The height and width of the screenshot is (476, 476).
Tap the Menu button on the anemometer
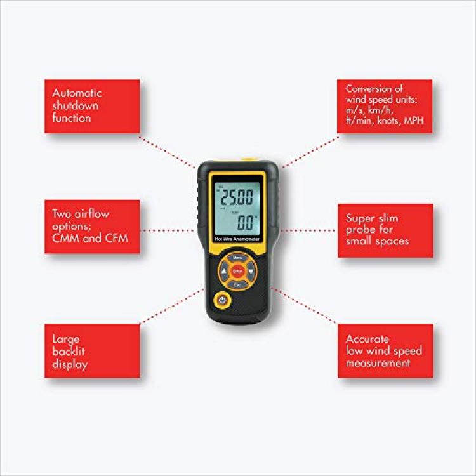coord(238,258)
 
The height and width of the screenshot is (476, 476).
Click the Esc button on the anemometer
coord(238,286)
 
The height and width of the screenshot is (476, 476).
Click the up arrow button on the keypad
coord(223,272)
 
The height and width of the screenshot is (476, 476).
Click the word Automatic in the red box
coord(77,93)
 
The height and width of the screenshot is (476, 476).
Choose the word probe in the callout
coord(362,230)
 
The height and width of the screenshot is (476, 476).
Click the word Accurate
coord(368,339)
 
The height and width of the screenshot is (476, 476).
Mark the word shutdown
coord(76,105)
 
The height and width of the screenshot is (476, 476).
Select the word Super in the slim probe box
coord(360,218)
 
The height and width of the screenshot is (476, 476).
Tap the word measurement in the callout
coord(378,363)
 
